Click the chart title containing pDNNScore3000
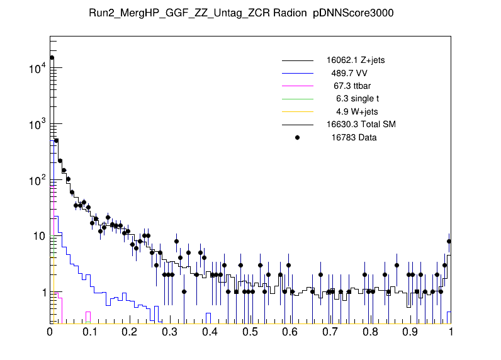250,14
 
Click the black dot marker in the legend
298,137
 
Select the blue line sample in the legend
298,73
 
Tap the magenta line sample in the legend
298,86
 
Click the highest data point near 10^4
52,57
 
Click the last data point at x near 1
449,241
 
